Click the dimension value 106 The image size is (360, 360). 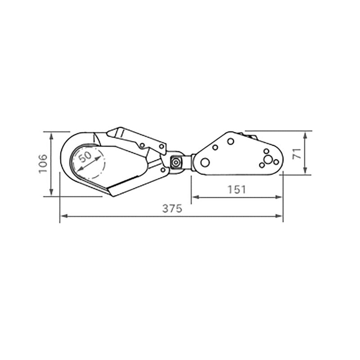click(x=43, y=164)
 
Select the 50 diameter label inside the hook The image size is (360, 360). click(x=85, y=157)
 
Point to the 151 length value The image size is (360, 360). click(x=237, y=190)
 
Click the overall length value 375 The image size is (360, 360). click(x=172, y=208)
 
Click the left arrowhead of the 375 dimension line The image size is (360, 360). click(x=64, y=216)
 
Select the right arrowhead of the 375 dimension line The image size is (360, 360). click(x=279, y=216)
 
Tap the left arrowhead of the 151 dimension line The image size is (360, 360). click(x=196, y=197)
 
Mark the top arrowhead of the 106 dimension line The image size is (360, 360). click(x=51, y=136)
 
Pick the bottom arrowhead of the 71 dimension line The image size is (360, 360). click(x=305, y=171)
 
